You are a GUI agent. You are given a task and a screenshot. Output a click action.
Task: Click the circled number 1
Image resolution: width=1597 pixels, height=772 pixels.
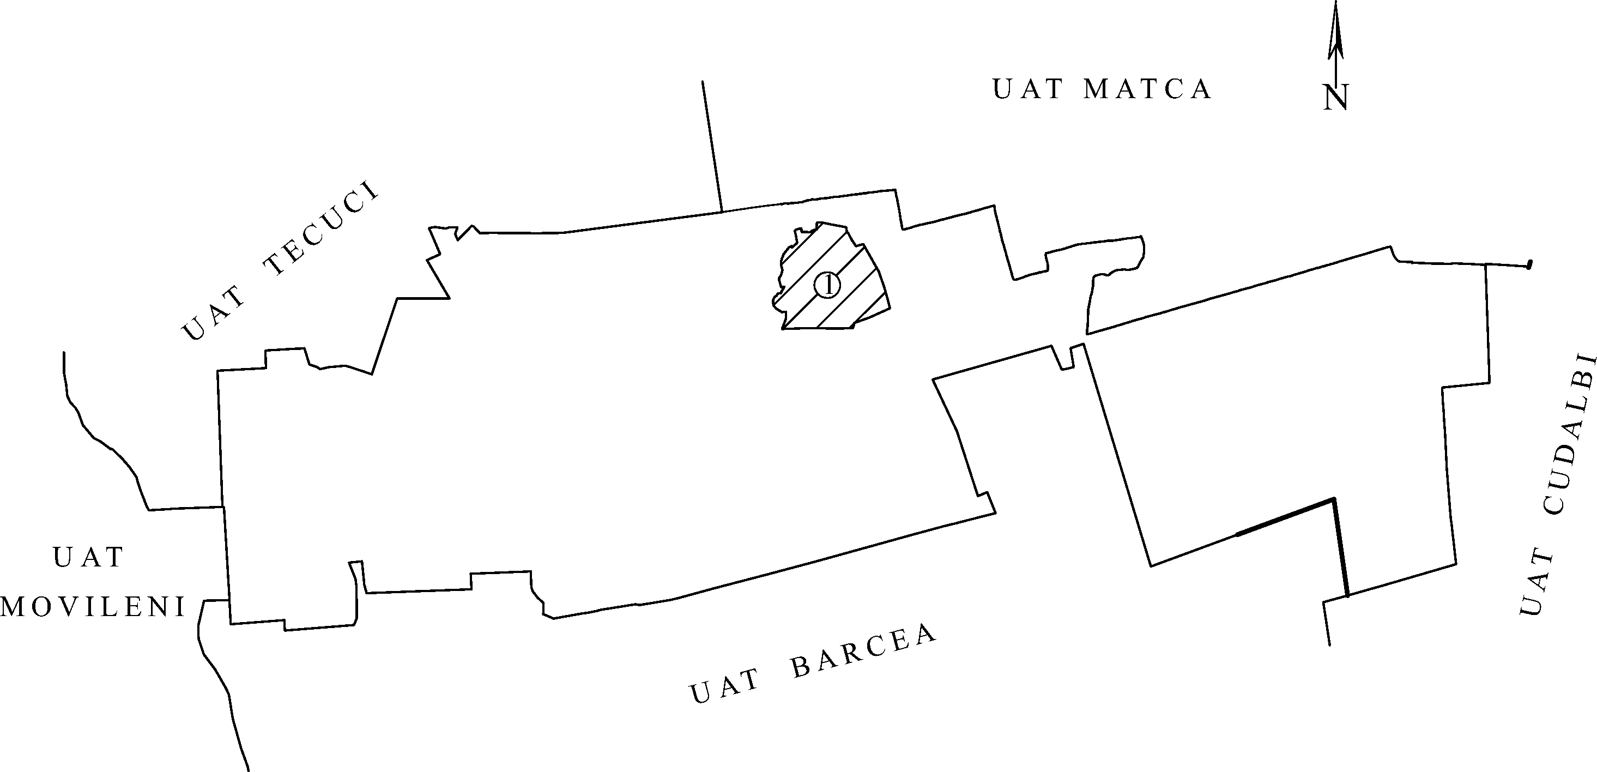point(827,285)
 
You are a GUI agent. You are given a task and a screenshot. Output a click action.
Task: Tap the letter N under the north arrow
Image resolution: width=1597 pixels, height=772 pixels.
point(1335,98)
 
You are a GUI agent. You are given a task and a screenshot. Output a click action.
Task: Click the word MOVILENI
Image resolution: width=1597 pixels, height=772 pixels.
point(93,608)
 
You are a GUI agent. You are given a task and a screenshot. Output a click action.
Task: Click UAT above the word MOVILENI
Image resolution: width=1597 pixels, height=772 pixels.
point(89,557)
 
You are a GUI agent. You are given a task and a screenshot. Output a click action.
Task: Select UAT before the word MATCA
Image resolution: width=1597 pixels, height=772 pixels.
point(1029,89)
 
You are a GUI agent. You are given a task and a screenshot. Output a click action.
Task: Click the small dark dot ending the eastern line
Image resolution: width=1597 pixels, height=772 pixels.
point(1529,265)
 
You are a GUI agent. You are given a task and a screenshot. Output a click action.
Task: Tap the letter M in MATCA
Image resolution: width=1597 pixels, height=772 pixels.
point(1096,89)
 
